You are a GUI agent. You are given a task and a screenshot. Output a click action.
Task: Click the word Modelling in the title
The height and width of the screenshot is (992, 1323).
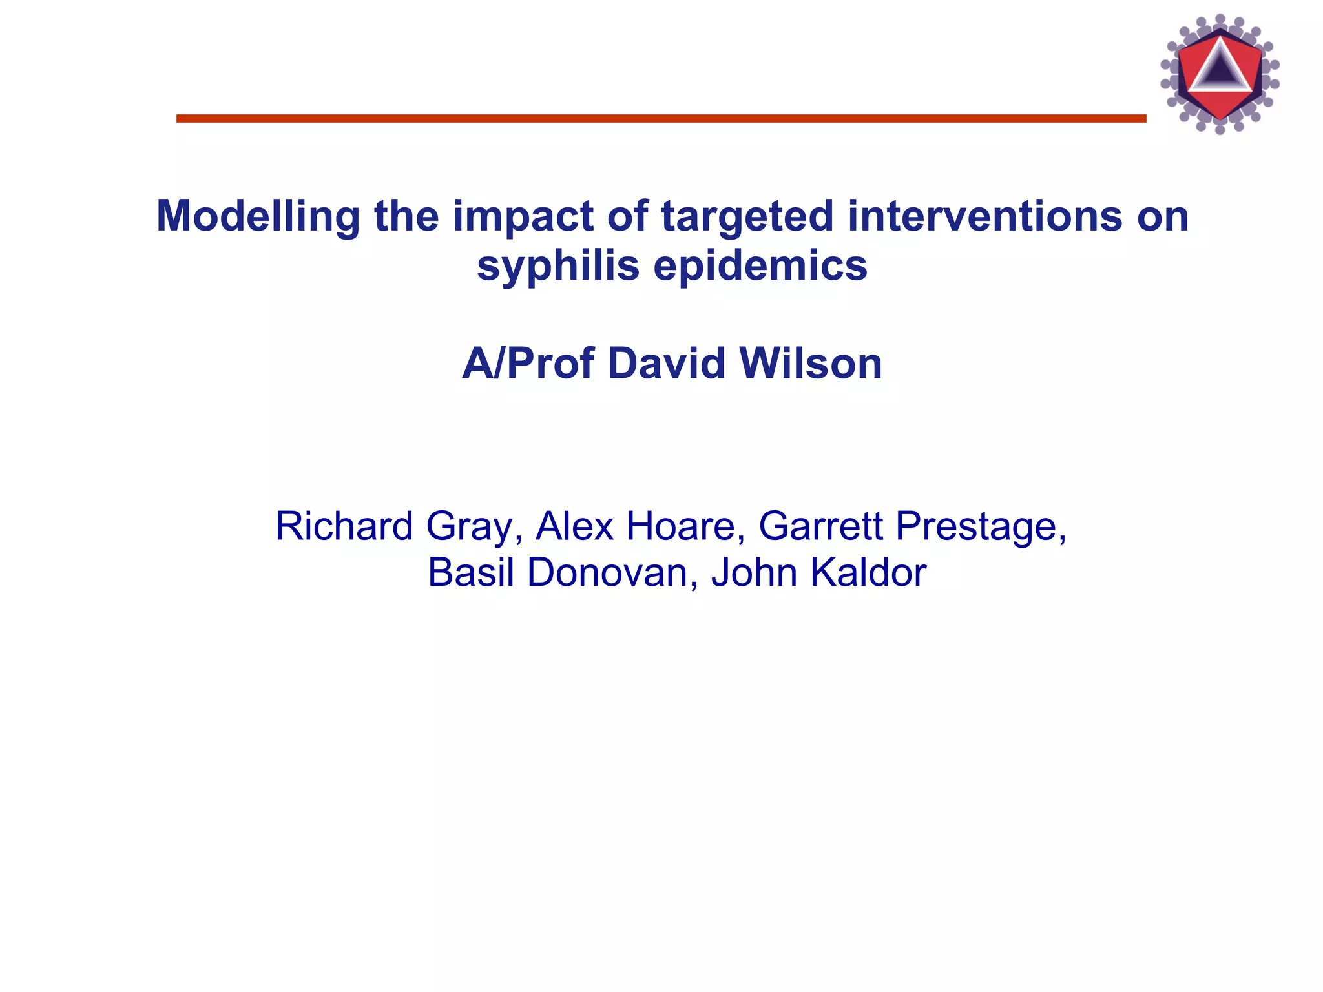click(258, 216)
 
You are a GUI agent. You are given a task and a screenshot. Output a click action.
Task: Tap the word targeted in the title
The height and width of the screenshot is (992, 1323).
click(747, 216)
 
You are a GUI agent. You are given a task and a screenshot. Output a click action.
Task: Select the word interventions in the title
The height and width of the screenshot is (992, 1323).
click(984, 216)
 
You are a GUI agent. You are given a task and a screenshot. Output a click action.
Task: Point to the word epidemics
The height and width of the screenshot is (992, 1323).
click(760, 265)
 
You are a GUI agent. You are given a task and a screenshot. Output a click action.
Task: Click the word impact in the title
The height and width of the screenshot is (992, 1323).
click(523, 216)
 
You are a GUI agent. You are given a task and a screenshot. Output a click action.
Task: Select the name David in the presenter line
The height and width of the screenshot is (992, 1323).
click(666, 364)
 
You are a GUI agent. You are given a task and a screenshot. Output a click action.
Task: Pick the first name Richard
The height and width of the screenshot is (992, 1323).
click(344, 526)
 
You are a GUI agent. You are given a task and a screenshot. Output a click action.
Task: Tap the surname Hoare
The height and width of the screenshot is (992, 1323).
click(680, 526)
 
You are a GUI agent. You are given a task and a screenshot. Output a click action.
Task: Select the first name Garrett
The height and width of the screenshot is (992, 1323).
click(820, 526)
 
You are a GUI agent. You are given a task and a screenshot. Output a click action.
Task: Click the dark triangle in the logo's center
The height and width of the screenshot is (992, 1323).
click(1219, 69)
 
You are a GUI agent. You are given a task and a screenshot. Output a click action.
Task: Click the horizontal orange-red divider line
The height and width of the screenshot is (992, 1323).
click(661, 118)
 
